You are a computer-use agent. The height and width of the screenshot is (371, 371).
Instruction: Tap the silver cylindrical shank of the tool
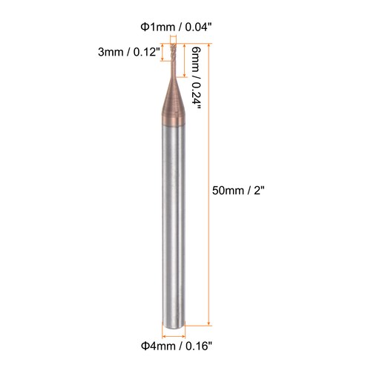pos(173,223)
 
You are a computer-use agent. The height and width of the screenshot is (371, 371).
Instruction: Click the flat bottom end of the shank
pos(173,324)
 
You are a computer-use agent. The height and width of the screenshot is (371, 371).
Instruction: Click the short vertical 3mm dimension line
pos(163,53)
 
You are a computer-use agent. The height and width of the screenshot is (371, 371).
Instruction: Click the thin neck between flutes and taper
pos(173,74)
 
